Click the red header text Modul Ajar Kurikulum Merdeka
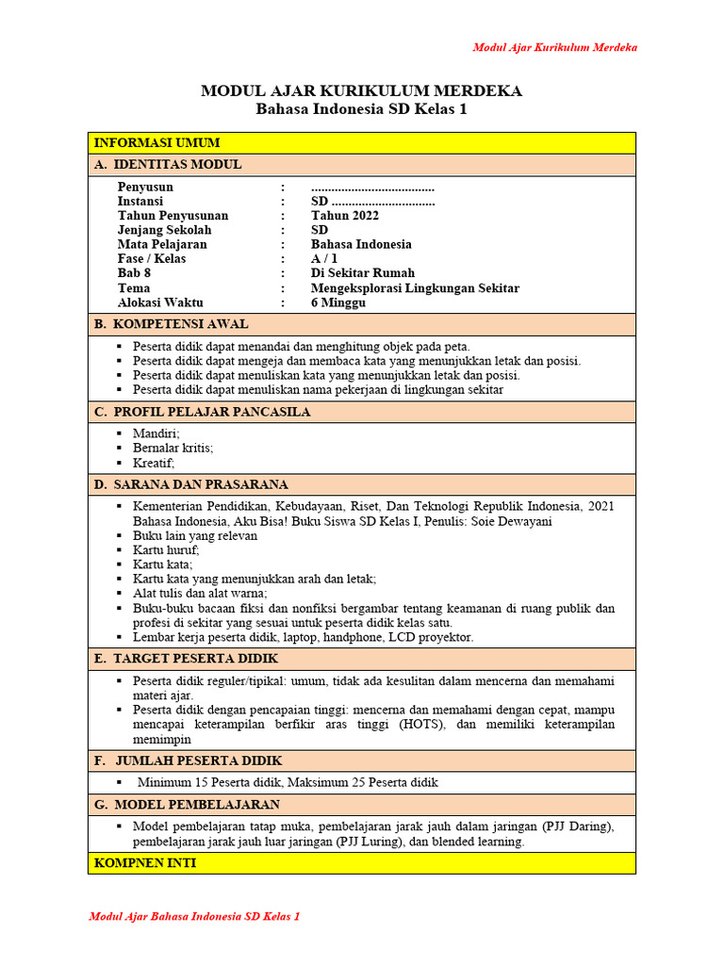point(554,47)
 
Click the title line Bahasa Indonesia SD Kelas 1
point(361,109)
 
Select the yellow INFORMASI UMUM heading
point(156,143)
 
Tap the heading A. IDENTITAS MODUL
point(168,165)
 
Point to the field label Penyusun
point(145,187)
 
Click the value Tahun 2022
point(345,216)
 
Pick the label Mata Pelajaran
point(162,244)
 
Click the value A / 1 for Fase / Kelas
point(324,259)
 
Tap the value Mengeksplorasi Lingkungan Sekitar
point(415,288)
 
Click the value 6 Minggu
point(338,303)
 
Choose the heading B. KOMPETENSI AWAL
point(172,324)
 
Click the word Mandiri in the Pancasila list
point(156,433)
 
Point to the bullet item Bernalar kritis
point(173,448)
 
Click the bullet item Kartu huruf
point(166,550)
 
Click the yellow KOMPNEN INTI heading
point(146,863)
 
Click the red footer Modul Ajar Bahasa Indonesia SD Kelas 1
point(194,916)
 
